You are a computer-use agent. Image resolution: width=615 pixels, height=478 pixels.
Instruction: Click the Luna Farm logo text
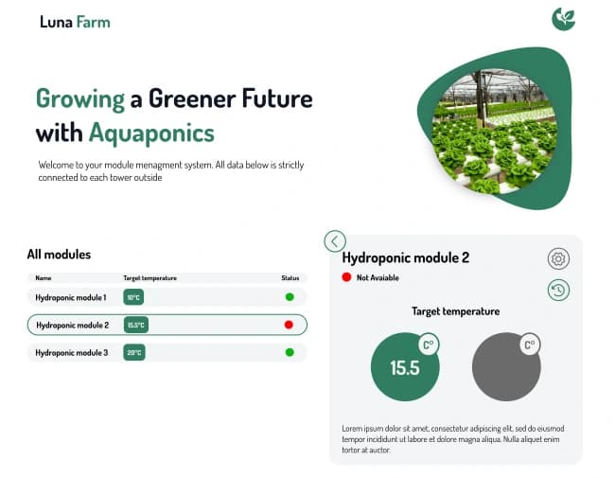(x=75, y=22)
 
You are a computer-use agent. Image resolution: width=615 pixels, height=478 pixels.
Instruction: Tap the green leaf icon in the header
(x=564, y=18)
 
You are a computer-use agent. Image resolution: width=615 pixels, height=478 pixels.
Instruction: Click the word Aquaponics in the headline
(x=151, y=132)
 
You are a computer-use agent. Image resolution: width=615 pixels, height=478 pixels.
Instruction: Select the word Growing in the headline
(x=80, y=98)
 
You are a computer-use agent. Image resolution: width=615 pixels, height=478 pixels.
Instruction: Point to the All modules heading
(x=59, y=254)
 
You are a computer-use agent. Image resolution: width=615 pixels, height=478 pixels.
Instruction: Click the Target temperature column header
(x=149, y=278)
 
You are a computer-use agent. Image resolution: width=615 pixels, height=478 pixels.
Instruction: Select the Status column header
(x=290, y=278)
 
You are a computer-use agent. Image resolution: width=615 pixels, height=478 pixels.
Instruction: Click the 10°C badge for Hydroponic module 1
(x=133, y=297)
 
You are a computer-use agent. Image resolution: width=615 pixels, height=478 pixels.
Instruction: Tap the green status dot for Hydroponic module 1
(x=290, y=297)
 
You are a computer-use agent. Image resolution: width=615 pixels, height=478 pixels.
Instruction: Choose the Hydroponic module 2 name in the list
(x=73, y=325)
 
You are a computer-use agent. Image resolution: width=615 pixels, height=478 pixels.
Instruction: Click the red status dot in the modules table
(x=290, y=325)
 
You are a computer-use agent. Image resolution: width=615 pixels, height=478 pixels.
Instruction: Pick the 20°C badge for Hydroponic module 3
(x=133, y=352)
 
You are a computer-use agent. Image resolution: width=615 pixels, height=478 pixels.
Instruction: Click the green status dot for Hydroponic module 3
(x=290, y=352)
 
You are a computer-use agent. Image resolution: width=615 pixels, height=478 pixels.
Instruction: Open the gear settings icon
(x=558, y=259)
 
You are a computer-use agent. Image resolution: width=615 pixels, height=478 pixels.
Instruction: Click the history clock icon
(x=558, y=291)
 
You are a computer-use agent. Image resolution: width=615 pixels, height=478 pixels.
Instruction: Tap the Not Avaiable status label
(x=378, y=277)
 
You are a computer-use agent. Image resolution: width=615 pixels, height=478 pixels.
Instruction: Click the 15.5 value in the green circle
(x=404, y=368)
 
